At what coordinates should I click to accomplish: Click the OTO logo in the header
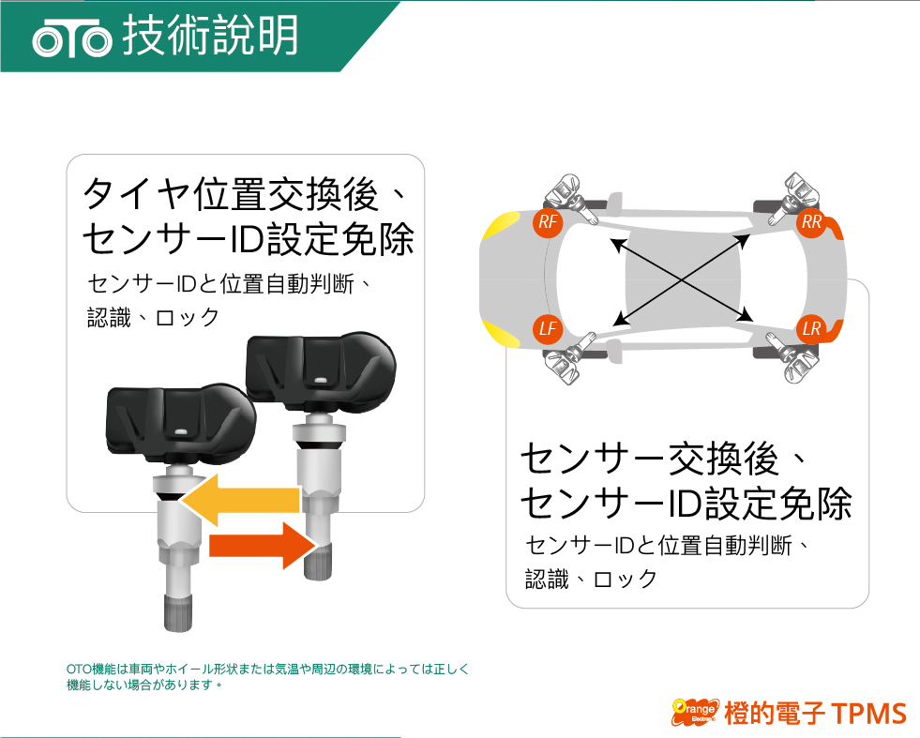[x=71, y=38]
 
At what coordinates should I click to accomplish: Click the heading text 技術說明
[x=210, y=36]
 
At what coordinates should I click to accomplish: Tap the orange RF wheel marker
[x=548, y=222]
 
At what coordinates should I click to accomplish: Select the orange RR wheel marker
[x=811, y=222]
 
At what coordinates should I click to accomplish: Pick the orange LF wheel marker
[x=548, y=328]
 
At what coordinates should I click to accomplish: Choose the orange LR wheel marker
[x=811, y=328]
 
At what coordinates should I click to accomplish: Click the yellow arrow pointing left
[x=241, y=500]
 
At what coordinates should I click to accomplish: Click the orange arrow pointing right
[x=264, y=546]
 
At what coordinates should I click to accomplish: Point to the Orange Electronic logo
[x=696, y=712]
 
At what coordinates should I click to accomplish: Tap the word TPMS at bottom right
[x=870, y=714]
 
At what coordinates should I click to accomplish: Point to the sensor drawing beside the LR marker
[x=792, y=358]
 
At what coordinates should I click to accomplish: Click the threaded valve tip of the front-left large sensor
[x=178, y=612]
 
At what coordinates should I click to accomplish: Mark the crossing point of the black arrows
[x=682, y=280]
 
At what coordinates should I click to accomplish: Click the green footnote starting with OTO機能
[x=267, y=676]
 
